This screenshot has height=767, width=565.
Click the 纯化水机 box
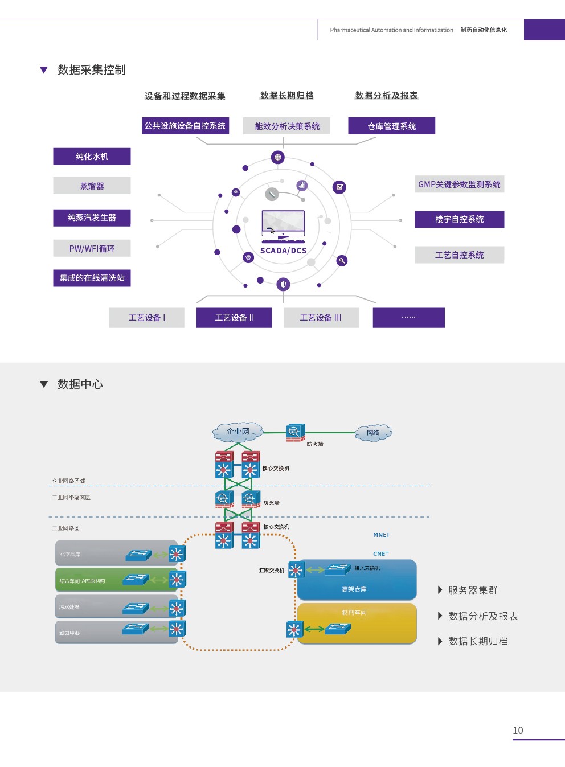[x=92, y=157]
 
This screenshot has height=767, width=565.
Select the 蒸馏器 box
[x=92, y=186]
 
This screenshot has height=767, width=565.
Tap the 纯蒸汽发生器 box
[x=92, y=218]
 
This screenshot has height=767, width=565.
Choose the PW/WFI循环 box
[x=92, y=248]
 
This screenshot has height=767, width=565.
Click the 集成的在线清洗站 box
[x=92, y=278]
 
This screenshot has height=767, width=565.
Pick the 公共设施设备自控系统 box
[x=185, y=126]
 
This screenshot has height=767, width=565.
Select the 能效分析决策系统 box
[x=287, y=126]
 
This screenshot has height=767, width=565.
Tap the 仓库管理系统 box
[x=391, y=126]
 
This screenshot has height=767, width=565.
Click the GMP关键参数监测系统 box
[x=459, y=184]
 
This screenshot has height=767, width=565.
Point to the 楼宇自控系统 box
[x=459, y=219]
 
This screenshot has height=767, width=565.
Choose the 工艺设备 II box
[x=234, y=318]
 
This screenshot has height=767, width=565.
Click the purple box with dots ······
[x=408, y=318]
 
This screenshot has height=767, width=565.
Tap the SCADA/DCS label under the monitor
[x=283, y=251]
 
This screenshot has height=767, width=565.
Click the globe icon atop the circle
[x=277, y=157]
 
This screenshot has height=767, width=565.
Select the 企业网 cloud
[x=238, y=432]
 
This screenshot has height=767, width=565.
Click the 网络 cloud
[x=374, y=433]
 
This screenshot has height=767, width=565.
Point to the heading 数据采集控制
[x=91, y=70]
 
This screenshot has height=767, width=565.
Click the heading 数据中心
[x=80, y=384]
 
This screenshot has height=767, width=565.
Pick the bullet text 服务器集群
[x=473, y=590]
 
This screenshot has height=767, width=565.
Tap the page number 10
[x=518, y=730]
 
